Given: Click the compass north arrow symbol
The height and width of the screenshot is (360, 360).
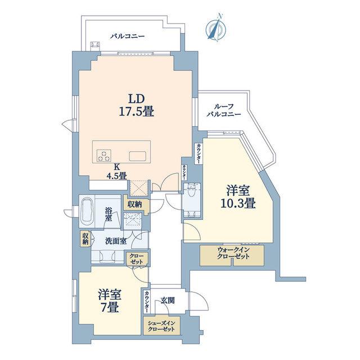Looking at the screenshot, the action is [216, 28].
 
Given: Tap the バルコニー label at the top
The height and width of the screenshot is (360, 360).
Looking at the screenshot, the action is [128, 37].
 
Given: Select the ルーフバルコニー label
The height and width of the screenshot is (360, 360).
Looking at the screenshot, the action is [224, 110].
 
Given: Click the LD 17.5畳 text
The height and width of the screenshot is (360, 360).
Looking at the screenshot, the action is [136, 105].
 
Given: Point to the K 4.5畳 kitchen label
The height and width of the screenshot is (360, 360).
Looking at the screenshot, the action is [116, 171].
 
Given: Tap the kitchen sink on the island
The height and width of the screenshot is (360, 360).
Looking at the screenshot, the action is [138, 156].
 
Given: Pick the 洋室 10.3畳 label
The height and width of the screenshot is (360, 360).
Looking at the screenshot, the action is [238, 197].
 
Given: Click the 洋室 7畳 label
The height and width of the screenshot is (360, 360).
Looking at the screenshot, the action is [110, 301].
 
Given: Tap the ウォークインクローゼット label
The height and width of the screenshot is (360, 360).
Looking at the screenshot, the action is [233, 253].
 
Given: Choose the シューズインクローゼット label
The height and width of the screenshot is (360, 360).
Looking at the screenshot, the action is [161, 326].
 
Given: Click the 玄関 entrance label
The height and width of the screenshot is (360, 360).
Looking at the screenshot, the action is [168, 300].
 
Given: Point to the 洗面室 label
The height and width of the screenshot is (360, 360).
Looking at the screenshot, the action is [116, 241].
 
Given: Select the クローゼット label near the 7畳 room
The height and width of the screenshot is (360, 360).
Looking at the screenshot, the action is [136, 259].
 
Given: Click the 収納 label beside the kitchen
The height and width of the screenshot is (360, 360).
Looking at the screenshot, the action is [135, 204].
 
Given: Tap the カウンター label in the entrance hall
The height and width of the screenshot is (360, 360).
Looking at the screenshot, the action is [146, 302].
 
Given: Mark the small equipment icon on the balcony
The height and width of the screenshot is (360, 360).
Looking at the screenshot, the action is [95, 45].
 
